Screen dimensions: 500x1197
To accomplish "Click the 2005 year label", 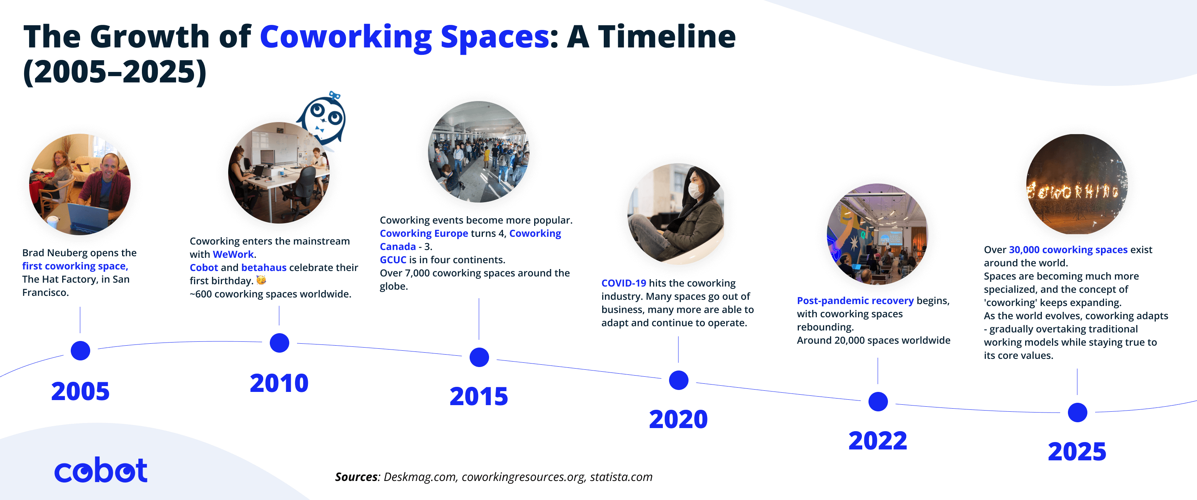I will pos(80,391).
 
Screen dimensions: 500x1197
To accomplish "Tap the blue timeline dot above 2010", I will pos(279,343).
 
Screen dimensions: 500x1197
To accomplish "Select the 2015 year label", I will pos(479,396).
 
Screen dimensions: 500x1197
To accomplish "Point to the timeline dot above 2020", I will pos(678,380).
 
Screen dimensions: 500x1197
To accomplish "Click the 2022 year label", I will pos(877,441).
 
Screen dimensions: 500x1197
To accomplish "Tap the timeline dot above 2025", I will pos(1077,412).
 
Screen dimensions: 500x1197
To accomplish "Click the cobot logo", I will pos(101,470).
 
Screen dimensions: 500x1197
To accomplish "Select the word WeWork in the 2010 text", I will pos(233,254).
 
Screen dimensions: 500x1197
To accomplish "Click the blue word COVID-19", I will pos(623,283).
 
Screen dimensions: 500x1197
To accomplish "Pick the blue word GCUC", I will pos(393,260).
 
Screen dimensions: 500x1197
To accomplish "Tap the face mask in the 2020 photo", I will pos(695,190).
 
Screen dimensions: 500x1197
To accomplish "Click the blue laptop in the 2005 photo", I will pos(88,219).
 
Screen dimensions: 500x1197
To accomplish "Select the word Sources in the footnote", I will pos(356,477).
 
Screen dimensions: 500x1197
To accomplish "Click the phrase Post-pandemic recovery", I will pos(855,301).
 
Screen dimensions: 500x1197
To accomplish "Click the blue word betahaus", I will pos(264,267).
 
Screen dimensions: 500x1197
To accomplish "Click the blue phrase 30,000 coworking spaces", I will pos(1068,250).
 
